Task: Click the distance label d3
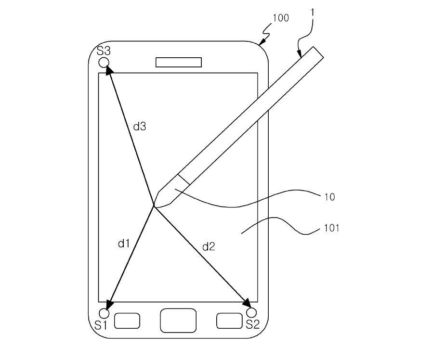140,127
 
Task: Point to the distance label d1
124,244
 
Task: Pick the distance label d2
209,246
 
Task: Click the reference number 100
281,18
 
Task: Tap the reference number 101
331,228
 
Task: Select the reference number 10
329,197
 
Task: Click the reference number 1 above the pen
313,13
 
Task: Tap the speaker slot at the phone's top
179,62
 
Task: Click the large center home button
178,321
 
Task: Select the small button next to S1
127,321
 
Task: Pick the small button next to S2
229,321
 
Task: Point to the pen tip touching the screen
154,206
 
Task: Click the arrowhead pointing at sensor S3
109,70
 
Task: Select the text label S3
104,51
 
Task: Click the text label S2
253,325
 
